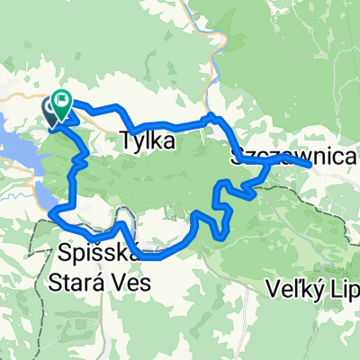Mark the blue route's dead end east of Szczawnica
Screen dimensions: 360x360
[311, 166]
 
